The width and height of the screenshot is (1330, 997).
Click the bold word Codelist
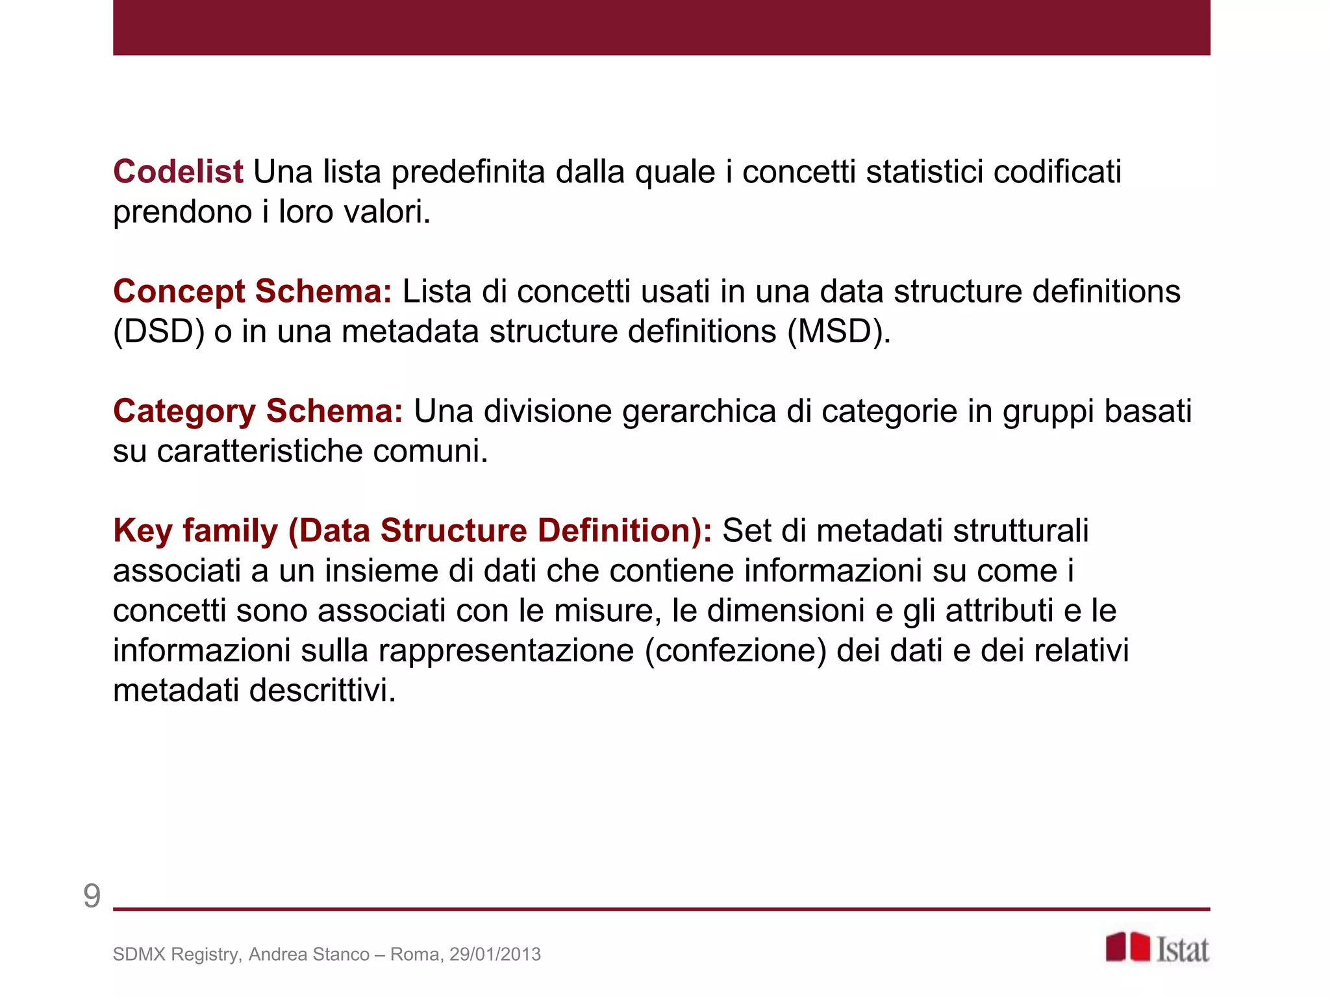point(178,172)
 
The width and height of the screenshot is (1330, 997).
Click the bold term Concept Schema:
point(253,291)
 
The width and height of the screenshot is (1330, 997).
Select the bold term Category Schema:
point(258,412)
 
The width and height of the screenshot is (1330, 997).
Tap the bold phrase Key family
point(195,531)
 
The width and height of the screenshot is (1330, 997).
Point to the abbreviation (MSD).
point(838,332)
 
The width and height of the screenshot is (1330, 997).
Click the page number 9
point(92,896)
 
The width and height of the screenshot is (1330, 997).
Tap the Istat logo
point(1157,948)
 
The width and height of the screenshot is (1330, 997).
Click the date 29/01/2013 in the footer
point(495,954)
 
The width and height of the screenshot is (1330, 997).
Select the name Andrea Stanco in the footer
point(308,954)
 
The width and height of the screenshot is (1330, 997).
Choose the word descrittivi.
point(323,691)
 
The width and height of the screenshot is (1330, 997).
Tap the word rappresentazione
point(507,651)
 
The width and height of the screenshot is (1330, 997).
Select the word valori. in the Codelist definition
point(387,212)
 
